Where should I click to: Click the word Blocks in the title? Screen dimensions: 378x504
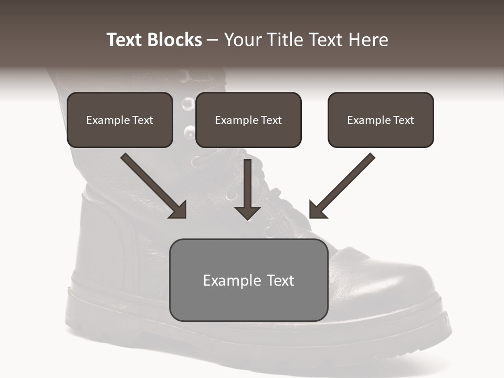(175, 40)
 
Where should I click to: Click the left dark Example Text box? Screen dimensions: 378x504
(120, 120)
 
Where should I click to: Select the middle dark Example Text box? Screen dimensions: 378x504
(248, 120)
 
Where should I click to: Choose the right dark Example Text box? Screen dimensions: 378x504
(381, 120)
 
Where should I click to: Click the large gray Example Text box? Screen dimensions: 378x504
(249, 280)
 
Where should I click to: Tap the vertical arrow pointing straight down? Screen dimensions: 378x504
(248, 184)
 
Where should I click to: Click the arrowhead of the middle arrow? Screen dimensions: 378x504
(248, 212)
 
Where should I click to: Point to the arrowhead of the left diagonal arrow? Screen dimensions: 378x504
(178, 210)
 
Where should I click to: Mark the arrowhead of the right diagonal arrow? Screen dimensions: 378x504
(317, 210)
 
